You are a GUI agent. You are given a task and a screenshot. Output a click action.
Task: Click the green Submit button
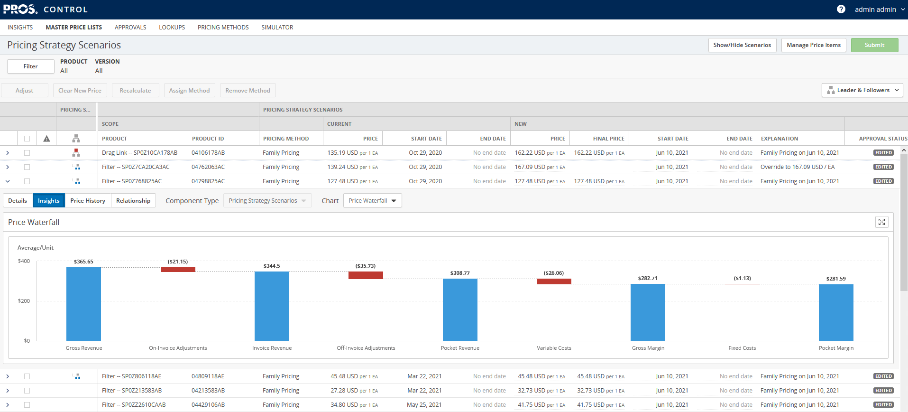pyautogui.click(x=874, y=45)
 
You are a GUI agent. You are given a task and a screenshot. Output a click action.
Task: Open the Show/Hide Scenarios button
pyautogui.click(x=742, y=45)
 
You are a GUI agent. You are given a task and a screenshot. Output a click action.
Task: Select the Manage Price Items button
pyautogui.click(x=813, y=45)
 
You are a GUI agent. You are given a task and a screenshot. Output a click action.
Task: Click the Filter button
pyautogui.click(x=30, y=66)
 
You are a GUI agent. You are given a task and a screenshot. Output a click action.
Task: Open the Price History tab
pyautogui.click(x=88, y=201)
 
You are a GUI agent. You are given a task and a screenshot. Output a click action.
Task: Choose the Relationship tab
pyautogui.click(x=133, y=201)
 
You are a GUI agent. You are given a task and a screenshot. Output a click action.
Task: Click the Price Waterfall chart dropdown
pyautogui.click(x=372, y=201)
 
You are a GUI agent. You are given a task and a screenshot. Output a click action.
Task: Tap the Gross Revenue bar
pyautogui.click(x=83, y=304)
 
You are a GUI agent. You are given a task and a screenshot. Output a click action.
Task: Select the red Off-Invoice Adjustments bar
pyautogui.click(x=366, y=275)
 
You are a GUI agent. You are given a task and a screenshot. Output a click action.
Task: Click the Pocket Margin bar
pyautogui.click(x=836, y=312)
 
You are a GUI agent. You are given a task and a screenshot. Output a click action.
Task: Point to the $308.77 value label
pyautogui.click(x=460, y=273)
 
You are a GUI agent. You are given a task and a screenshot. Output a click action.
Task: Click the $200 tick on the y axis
pyautogui.click(x=24, y=301)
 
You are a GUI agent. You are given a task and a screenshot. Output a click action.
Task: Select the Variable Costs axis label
pyautogui.click(x=554, y=348)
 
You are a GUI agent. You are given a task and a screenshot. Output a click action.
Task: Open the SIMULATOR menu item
pyautogui.click(x=277, y=28)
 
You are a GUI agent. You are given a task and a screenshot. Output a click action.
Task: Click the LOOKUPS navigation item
pyautogui.click(x=172, y=28)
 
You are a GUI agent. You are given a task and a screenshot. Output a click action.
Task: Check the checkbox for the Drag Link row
pyautogui.click(x=27, y=153)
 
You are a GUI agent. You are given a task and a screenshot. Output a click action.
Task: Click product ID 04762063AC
pyautogui.click(x=208, y=167)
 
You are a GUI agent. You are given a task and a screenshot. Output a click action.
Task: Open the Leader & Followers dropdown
pyautogui.click(x=862, y=90)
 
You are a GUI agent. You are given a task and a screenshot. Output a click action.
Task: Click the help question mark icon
pyautogui.click(x=841, y=9)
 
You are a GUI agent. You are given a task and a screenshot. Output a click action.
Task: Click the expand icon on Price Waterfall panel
pyautogui.click(x=881, y=222)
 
